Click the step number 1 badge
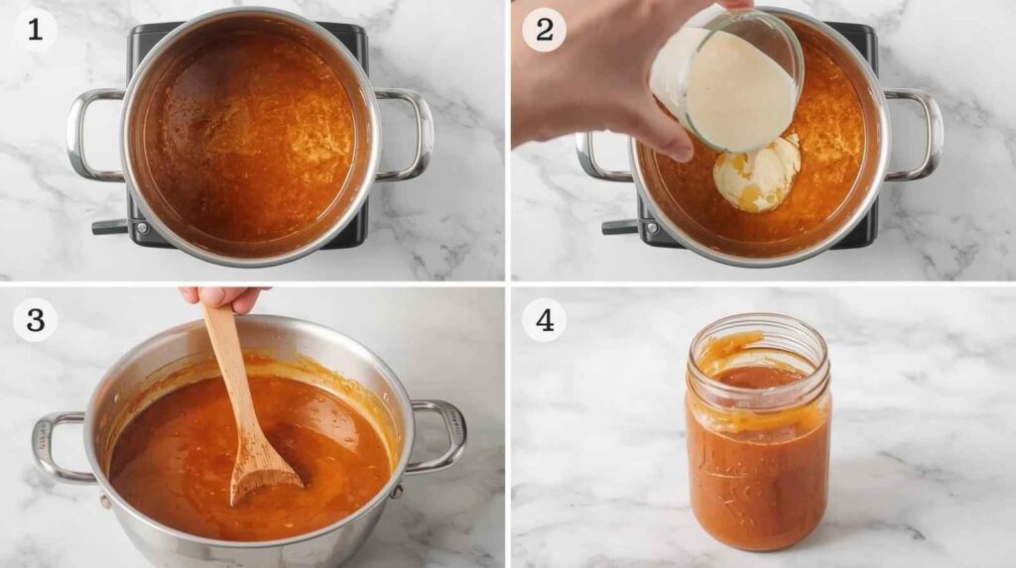tap(35, 30)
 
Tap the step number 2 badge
tap(545, 30)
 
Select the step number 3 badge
tap(35, 320)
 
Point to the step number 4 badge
tap(545, 320)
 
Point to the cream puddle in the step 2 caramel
tap(757, 173)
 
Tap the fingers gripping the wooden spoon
tap(223, 296)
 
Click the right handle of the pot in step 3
tap(441, 435)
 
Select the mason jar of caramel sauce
tap(758, 431)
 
